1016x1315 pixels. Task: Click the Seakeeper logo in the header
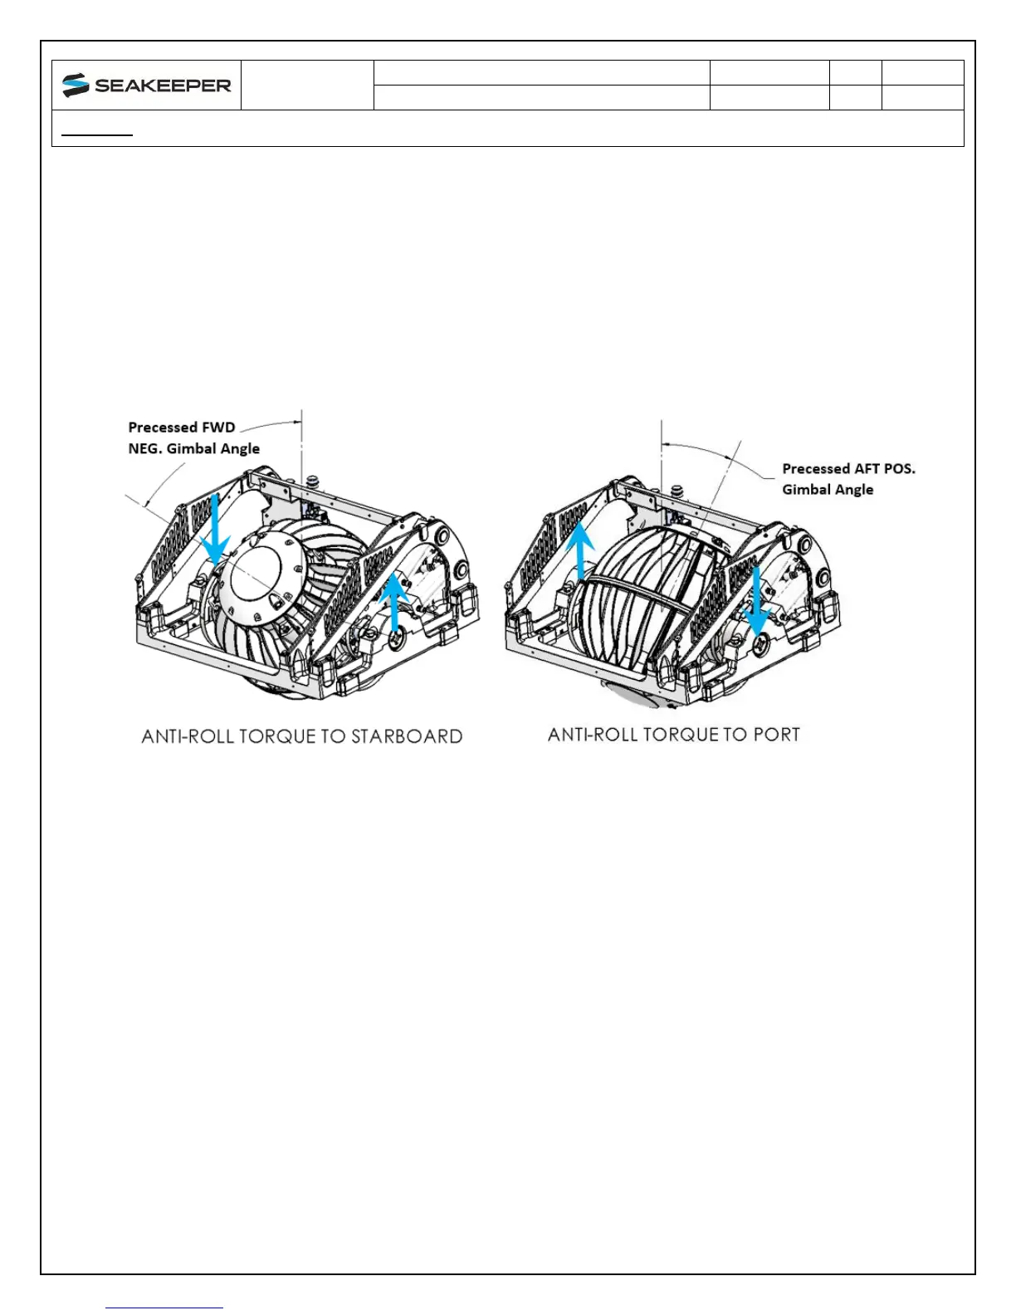(x=146, y=85)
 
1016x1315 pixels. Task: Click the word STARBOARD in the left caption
(x=407, y=736)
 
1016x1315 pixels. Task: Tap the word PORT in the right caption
(x=776, y=735)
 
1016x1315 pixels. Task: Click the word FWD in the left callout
(x=218, y=428)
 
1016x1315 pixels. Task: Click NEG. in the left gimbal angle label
(x=145, y=448)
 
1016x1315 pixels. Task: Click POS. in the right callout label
(x=899, y=468)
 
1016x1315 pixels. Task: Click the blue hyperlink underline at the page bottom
(x=164, y=1308)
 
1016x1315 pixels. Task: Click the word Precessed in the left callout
(x=162, y=428)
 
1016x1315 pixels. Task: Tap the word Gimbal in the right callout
(x=807, y=490)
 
